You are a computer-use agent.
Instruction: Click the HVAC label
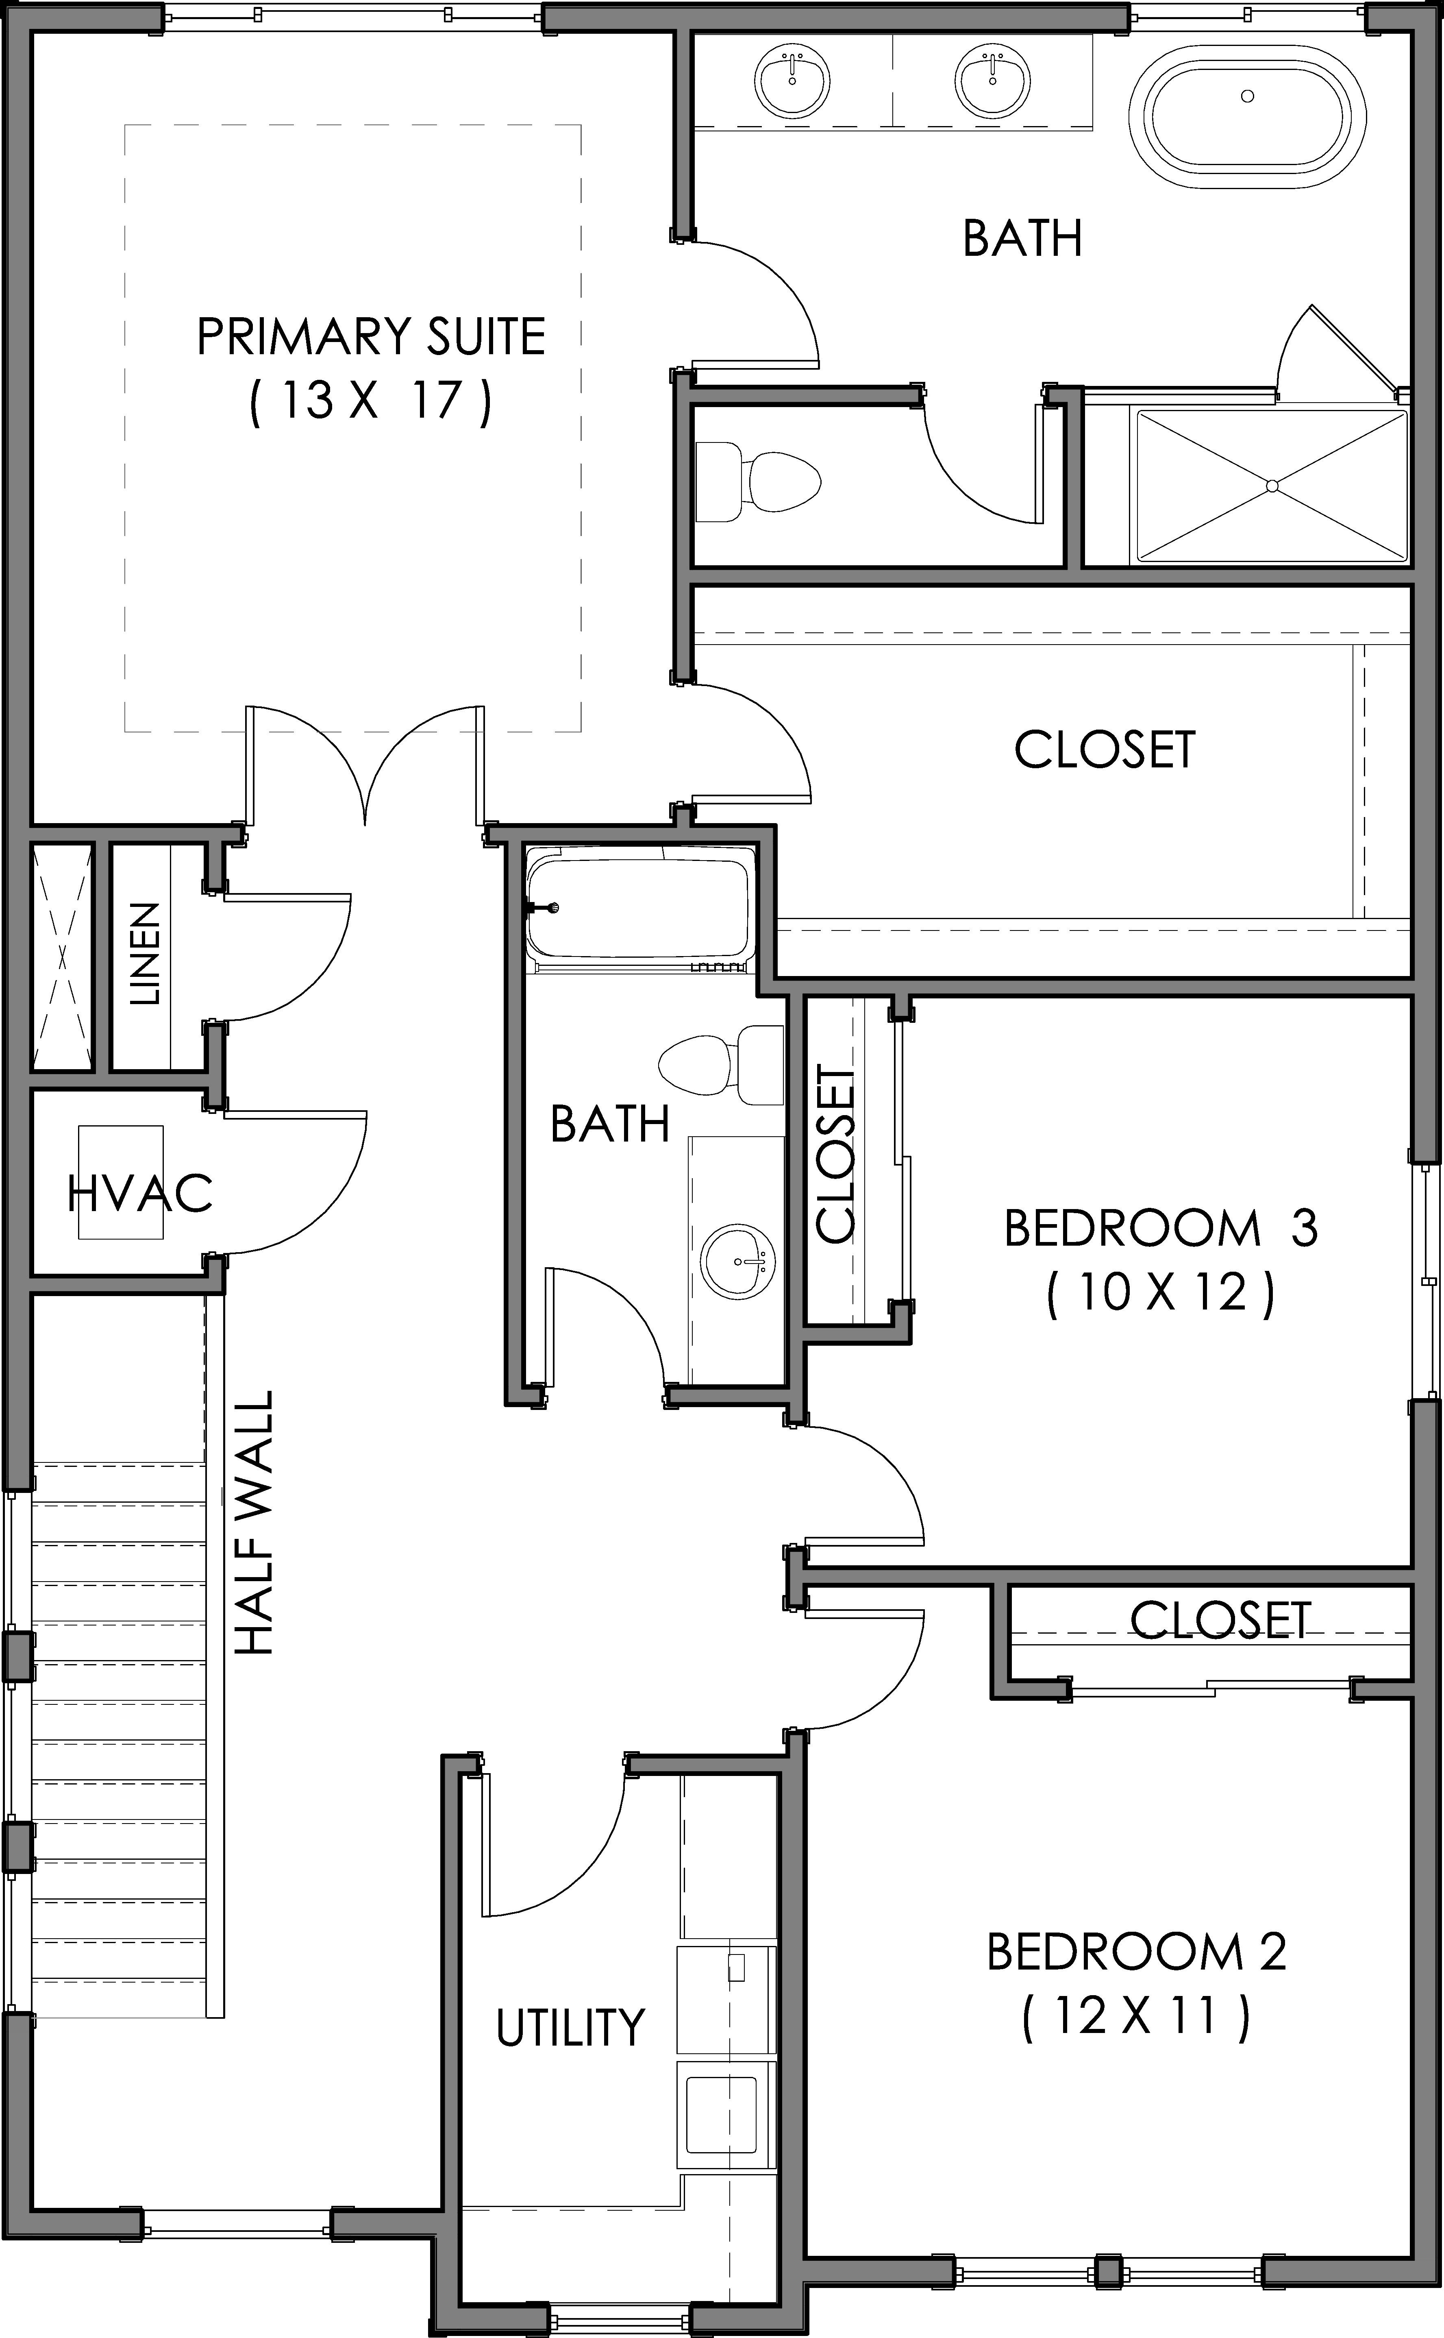pos(140,1193)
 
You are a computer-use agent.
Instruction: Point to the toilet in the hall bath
pos(721,1064)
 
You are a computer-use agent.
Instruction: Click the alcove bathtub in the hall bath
pos(640,907)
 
